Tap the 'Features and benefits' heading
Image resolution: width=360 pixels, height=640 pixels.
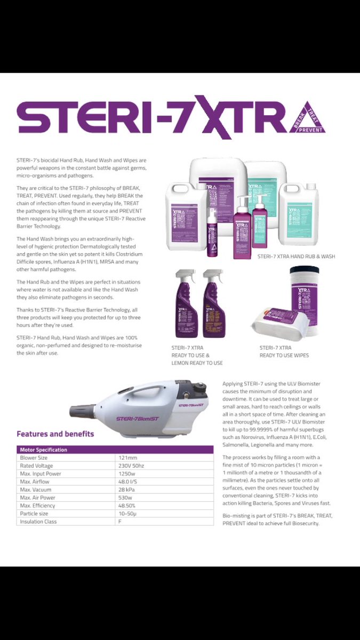[55, 434]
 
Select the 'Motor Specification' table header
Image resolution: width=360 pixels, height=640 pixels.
[43, 450]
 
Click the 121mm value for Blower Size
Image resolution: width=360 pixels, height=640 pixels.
[126, 458]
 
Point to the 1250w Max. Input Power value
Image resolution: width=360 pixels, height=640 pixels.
[127, 474]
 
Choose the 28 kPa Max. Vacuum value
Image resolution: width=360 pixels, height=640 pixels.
[127, 490]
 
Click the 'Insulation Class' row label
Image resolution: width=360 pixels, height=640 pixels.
[38, 522]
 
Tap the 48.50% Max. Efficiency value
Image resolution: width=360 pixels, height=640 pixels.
[127, 506]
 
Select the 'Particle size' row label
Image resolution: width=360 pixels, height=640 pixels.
[35, 514]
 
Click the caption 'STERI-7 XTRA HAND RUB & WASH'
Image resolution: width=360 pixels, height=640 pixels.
[296, 257]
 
